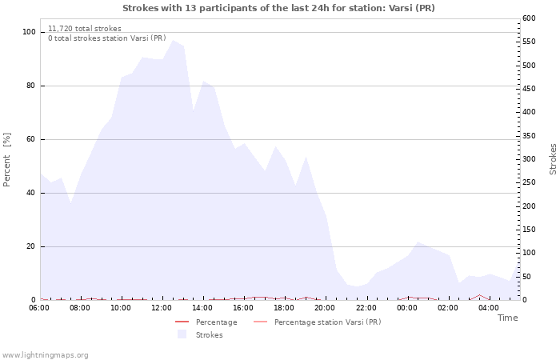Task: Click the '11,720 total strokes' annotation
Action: click(85, 29)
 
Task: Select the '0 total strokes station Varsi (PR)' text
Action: click(107, 38)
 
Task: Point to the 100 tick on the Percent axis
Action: click(29, 32)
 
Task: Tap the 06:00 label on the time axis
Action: click(38, 308)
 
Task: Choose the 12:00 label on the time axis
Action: click(162, 308)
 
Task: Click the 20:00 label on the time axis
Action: click(325, 308)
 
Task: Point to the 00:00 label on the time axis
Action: click(407, 308)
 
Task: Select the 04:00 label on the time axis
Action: click(489, 308)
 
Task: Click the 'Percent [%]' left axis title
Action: click(7, 160)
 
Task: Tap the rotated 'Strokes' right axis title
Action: click(553, 159)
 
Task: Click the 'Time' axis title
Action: click(507, 318)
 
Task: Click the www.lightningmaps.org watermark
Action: click(46, 355)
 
